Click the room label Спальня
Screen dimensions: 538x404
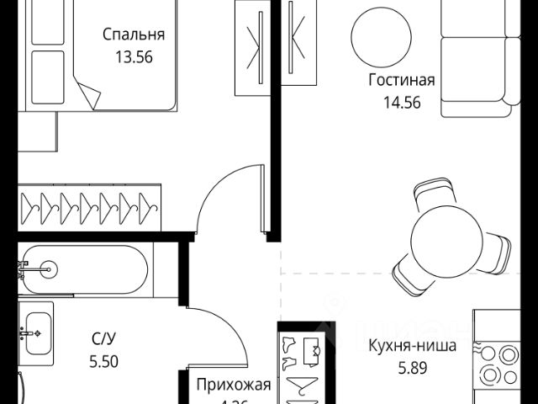point(133,35)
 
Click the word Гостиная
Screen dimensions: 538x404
point(401,81)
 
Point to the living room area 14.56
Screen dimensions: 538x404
point(400,104)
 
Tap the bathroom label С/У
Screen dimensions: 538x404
point(103,339)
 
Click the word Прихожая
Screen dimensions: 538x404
point(233,385)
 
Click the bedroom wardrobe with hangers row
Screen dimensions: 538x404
point(88,205)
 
